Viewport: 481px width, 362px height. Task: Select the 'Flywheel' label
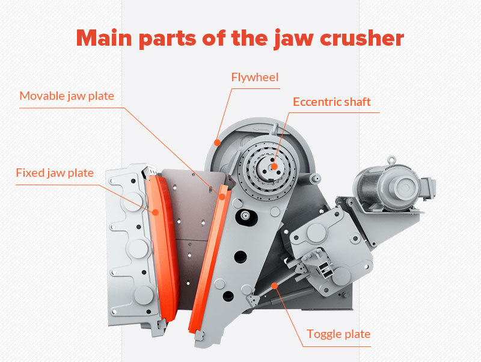click(x=255, y=77)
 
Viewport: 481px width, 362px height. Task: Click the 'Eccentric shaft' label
click(x=332, y=102)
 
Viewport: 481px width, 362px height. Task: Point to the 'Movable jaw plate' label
click(x=67, y=96)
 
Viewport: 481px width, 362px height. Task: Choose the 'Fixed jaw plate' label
click(x=55, y=173)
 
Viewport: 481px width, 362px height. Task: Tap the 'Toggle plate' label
click(x=339, y=334)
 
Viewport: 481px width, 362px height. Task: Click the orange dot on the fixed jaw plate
click(x=155, y=211)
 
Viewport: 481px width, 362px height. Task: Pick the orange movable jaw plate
click(x=207, y=259)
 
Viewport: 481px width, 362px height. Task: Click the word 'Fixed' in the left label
click(x=29, y=173)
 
